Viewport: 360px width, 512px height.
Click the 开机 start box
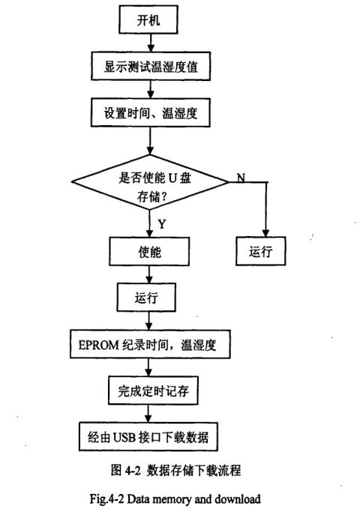[x=151, y=21]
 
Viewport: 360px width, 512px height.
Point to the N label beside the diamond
[x=240, y=177]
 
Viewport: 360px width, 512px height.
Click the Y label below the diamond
[x=163, y=224]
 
